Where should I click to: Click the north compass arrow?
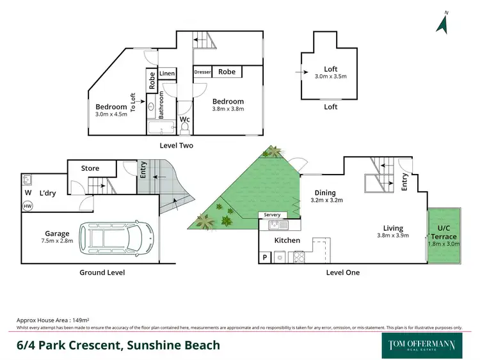(442, 22)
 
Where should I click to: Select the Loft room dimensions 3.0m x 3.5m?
(330, 77)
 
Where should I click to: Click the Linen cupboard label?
(167, 74)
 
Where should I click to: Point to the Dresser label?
(203, 72)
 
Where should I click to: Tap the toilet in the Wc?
(184, 129)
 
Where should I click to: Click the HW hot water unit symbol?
(28, 206)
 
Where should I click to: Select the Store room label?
(90, 168)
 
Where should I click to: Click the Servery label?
(272, 215)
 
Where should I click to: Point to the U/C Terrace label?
(443, 233)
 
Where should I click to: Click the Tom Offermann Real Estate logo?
(422, 345)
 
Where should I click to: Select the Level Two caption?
(176, 146)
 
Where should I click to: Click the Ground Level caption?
(102, 272)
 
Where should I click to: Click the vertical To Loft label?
(134, 103)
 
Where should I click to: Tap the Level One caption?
(343, 272)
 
